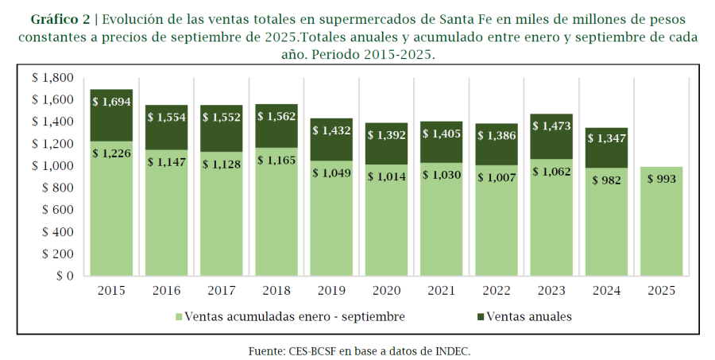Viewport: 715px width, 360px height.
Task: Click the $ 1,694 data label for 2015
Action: click(111, 102)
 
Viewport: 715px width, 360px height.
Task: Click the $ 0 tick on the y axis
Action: click(63, 276)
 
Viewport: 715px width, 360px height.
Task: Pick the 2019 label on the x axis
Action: click(331, 291)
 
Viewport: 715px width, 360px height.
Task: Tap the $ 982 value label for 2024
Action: click(606, 180)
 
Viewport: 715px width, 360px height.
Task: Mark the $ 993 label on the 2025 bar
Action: click(661, 180)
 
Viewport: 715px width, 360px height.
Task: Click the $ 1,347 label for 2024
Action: click(606, 139)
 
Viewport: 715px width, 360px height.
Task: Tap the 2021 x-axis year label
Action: click(441, 291)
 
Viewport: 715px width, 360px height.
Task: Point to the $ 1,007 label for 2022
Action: click(497, 177)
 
